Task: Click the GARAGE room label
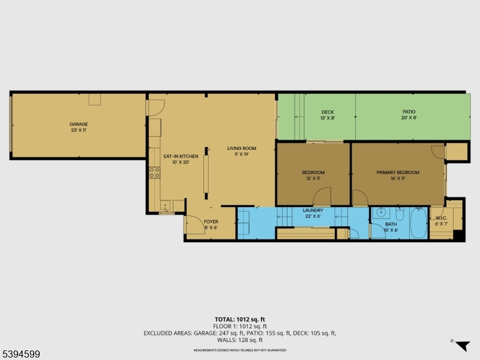point(79,124)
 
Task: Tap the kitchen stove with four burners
point(154,173)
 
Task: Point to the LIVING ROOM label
point(241,148)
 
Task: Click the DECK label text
point(327,112)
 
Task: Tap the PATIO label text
point(409,112)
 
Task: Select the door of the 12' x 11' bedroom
point(323,196)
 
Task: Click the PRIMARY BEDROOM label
point(398,172)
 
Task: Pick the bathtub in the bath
point(418,224)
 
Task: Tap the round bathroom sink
point(381,213)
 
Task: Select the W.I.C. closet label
point(441,218)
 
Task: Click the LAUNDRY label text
point(313,211)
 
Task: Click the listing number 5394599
point(20,355)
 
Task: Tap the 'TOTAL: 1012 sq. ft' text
point(239,319)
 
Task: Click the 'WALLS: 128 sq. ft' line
point(239,339)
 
